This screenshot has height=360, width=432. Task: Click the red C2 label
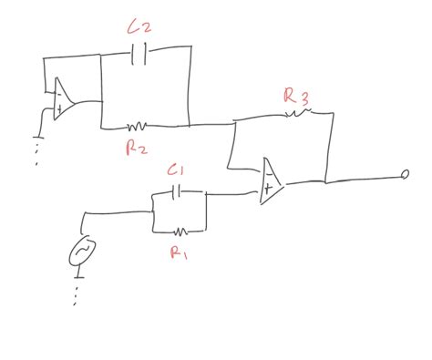(x=139, y=28)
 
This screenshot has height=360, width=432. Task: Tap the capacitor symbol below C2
(x=139, y=55)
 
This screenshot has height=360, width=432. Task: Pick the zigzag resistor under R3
(x=298, y=113)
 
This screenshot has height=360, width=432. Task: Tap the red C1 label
(x=177, y=170)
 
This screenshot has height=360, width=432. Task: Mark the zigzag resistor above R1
(x=180, y=231)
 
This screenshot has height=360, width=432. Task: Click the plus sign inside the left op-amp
(x=58, y=108)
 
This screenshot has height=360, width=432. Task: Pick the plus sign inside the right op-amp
(x=268, y=188)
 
